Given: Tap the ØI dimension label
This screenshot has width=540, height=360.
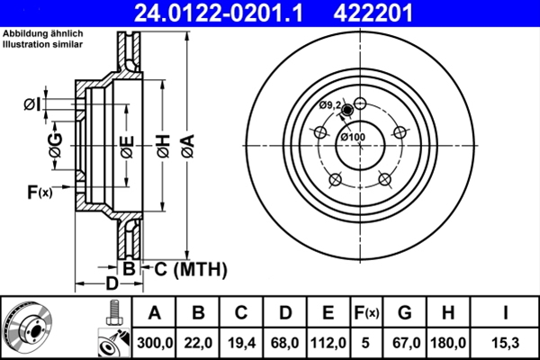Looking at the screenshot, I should tap(33, 105).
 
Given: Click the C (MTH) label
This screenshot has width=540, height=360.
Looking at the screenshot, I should tap(184, 269).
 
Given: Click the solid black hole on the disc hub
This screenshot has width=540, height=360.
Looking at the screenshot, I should tap(348, 111).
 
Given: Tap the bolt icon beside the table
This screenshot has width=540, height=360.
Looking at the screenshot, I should tap(112, 311).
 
